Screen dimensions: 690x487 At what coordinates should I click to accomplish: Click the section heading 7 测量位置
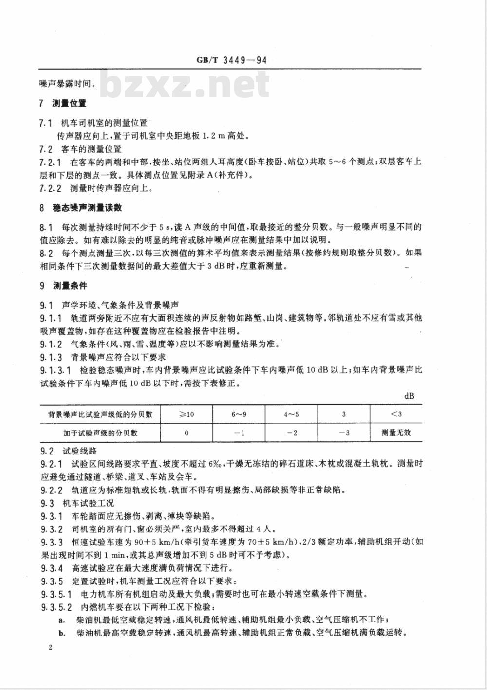click(x=63, y=103)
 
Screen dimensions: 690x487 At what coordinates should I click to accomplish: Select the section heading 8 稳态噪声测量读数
click(x=80, y=208)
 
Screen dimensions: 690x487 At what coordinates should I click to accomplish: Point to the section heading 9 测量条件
click(x=63, y=286)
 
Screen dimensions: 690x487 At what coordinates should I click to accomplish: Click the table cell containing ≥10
click(x=186, y=414)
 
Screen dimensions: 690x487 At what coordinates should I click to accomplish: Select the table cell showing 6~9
click(x=239, y=414)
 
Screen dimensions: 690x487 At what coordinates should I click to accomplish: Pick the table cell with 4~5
click(x=291, y=414)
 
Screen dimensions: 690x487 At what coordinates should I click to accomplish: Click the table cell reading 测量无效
click(x=396, y=432)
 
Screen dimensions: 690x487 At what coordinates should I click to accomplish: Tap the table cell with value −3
click(x=344, y=432)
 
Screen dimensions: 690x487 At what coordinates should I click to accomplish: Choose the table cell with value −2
click(x=291, y=432)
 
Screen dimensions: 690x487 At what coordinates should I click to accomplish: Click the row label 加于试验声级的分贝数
click(x=100, y=432)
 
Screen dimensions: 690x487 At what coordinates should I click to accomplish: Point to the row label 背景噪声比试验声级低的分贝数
click(x=100, y=414)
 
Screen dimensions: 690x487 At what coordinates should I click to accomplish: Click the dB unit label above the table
click(x=409, y=396)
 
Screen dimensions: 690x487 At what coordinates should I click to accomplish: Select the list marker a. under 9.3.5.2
click(x=62, y=620)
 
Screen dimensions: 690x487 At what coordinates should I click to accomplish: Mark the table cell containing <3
click(x=396, y=414)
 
